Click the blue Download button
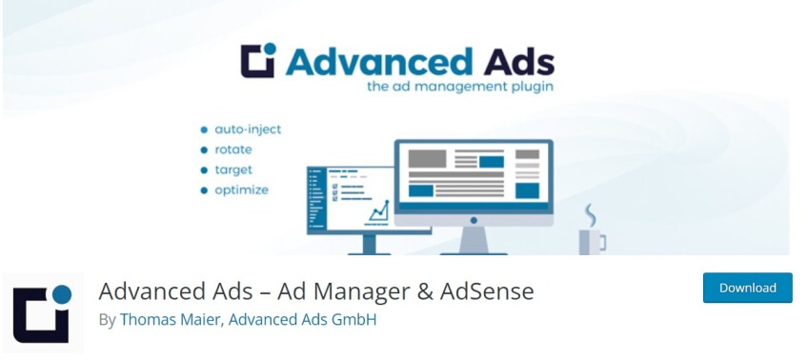[x=747, y=288]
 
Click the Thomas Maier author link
[x=171, y=320]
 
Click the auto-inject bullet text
[x=247, y=129]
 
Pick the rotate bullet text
[x=233, y=150]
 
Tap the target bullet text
[x=233, y=170]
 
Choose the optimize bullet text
[x=241, y=190]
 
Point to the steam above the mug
[x=591, y=212]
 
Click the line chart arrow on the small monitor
[x=378, y=207]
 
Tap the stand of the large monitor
[x=473, y=237]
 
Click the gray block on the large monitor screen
[x=427, y=158]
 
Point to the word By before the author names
[x=107, y=320]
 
